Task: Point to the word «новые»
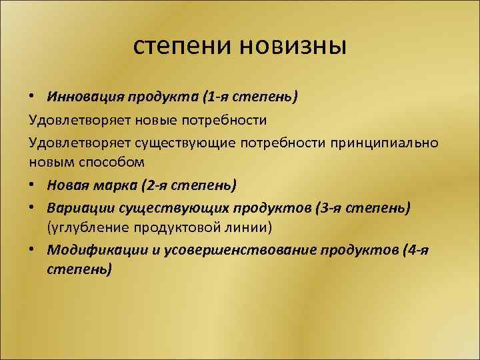point(158,120)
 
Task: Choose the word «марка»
point(115,184)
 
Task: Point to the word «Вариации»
point(77,207)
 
